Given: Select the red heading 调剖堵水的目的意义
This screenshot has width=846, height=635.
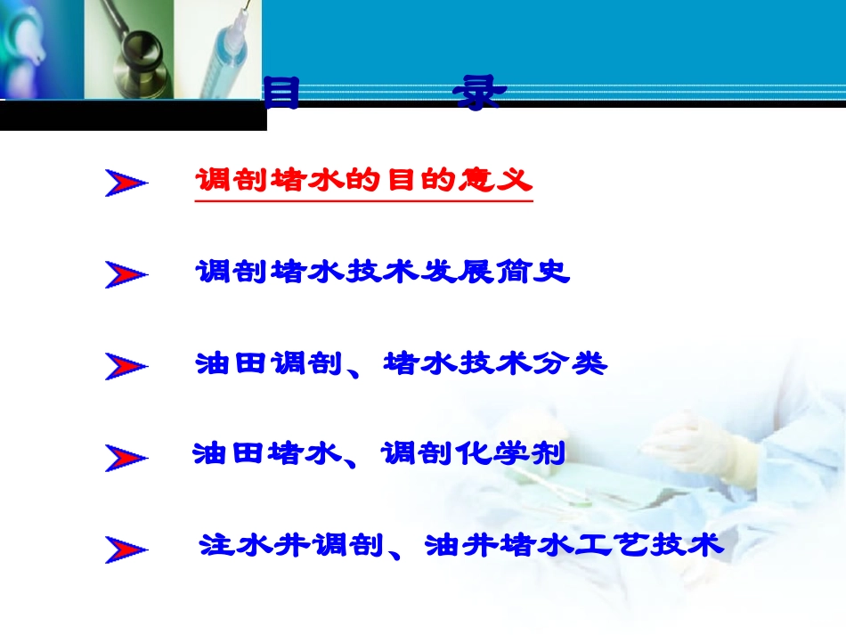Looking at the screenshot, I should coord(363,182).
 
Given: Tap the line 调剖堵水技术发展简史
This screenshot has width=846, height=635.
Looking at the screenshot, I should coord(382,272).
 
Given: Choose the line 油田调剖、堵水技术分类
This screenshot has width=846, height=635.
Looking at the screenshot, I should coord(401,363).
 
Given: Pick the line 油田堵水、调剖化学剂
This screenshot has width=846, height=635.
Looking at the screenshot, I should coord(379,454).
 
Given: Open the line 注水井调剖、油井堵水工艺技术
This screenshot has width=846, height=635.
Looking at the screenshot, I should coord(461,544).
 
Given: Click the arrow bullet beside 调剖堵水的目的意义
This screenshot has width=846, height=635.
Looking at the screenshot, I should coord(126,183).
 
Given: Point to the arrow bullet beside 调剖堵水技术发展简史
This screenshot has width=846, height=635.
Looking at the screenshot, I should coord(126,274).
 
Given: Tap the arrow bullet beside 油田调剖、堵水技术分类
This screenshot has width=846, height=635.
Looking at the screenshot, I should coord(126,366).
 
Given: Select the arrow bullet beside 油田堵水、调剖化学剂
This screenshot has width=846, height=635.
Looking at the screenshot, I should coord(126,457).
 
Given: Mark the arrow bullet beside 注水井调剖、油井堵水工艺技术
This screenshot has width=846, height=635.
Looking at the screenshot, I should coord(126,549).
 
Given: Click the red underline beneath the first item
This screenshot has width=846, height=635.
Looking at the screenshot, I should coord(363,201).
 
